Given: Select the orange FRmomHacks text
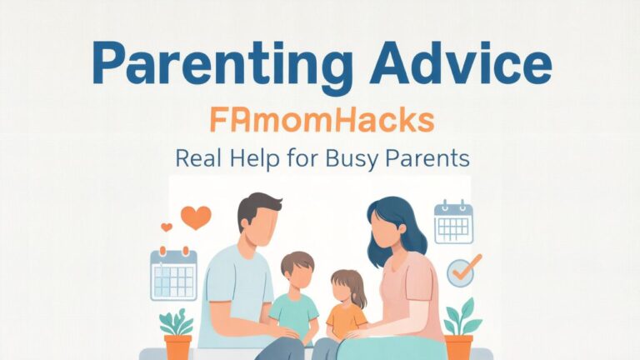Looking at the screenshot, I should click(322, 120).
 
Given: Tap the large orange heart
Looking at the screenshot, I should click(195, 217).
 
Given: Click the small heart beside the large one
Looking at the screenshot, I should click(167, 227).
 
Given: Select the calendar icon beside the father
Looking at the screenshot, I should click(173, 274).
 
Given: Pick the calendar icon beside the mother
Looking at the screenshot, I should click(453, 222).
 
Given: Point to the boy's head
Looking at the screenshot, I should click(298, 270).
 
